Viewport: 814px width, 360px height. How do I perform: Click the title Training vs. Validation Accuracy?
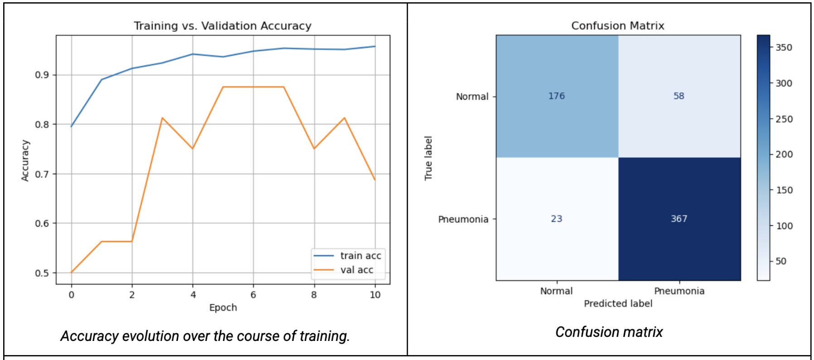[223, 26]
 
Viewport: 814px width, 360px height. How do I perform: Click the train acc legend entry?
[360, 256]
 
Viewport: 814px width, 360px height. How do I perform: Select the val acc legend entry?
[357, 270]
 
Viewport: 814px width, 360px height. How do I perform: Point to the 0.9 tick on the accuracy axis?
[42, 75]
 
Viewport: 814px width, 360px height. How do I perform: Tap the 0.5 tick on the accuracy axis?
[42, 273]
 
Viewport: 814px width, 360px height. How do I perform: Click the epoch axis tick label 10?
[375, 295]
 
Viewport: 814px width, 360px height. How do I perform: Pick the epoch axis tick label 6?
[253, 295]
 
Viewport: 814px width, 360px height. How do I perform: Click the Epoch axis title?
[223, 307]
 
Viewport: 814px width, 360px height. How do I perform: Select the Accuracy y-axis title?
[25, 161]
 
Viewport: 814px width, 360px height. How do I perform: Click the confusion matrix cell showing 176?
[557, 96]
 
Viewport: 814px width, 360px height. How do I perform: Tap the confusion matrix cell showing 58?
[678, 96]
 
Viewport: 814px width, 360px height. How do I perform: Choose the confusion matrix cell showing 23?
[557, 219]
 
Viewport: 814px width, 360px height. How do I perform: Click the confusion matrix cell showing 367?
[679, 219]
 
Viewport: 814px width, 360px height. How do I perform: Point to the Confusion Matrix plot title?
[618, 26]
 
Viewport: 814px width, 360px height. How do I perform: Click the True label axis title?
[428, 158]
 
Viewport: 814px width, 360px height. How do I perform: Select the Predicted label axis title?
[618, 303]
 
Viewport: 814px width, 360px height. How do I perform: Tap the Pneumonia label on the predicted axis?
[679, 291]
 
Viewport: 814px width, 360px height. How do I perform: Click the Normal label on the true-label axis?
[472, 97]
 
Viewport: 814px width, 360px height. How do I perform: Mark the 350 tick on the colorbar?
[784, 48]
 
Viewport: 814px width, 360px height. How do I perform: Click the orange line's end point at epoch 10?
[375, 180]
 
